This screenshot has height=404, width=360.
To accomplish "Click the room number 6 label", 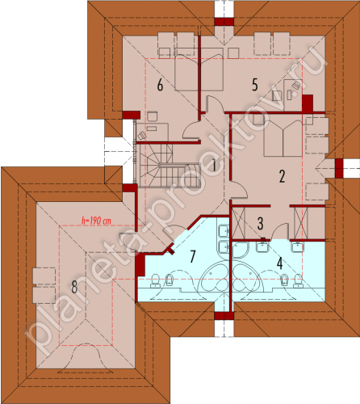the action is click(x=160, y=86).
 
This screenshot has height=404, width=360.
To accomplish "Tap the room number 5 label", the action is click(x=254, y=85).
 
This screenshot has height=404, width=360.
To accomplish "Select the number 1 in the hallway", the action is click(x=214, y=165).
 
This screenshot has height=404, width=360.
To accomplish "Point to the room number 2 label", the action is click(x=282, y=176).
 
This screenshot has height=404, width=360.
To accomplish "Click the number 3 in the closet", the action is click(x=260, y=224).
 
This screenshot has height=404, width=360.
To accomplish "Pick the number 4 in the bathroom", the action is click(x=280, y=263).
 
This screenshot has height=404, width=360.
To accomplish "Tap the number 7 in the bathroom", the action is click(x=192, y=256).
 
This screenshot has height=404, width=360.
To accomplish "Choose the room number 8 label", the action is click(x=74, y=287).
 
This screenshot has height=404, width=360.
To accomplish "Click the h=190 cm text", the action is click(x=96, y=221).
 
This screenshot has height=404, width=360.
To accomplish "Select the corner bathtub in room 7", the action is click(x=214, y=276).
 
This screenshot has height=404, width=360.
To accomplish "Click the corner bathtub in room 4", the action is click(x=247, y=276).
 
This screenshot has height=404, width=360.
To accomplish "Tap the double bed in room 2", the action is click(x=283, y=138).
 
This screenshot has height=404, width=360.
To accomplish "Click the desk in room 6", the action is click(x=153, y=132).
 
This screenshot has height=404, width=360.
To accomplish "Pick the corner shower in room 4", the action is click(x=241, y=250).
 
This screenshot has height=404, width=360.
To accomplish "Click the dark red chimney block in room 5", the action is click(x=307, y=103).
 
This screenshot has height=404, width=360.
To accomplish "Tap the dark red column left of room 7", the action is click(x=140, y=265).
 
